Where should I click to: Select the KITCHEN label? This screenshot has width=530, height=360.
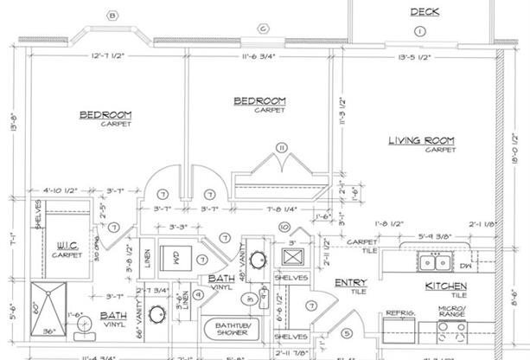pyautogui.click(x=445, y=286)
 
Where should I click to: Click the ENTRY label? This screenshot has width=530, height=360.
pyautogui.click(x=351, y=282)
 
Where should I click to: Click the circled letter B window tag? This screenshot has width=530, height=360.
pyautogui.click(x=112, y=15)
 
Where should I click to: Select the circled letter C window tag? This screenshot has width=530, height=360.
pyautogui.click(x=261, y=28)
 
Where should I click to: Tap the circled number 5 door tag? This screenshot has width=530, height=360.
pyautogui.click(x=347, y=332)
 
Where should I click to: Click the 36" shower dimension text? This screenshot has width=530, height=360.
pyautogui.click(x=48, y=330)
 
